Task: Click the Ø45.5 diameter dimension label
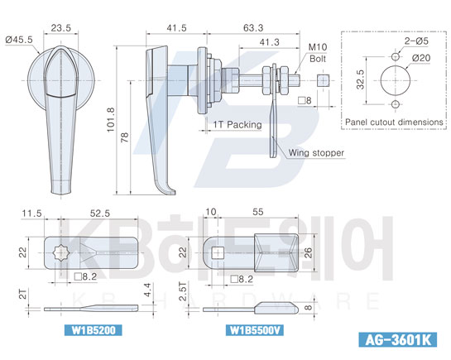point(19,40)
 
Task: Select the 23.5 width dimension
point(60,28)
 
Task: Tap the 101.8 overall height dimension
point(111,120)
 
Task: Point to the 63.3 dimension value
point(253,28)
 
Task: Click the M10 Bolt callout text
point(318,53)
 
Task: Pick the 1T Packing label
point(237,124)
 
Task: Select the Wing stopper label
point(316,152)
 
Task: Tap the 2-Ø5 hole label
point(416,41)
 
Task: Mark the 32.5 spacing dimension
point(360,79)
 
